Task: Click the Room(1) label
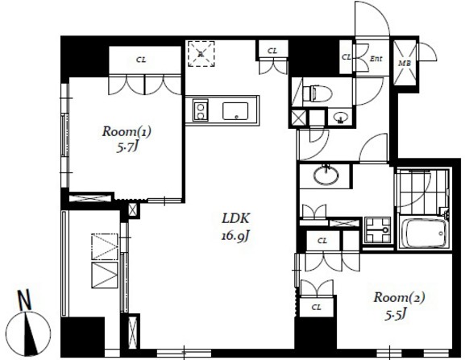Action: click(x=127, y=131)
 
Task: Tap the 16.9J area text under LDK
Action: click(x=235, y=236)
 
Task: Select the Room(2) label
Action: click(x=399, y=297)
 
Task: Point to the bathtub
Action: click(x=425, y=233)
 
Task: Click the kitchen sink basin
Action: click(x=235, y=111)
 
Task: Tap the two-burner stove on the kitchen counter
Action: click(x=200, y=110)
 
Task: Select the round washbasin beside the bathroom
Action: click(x=326, y=176)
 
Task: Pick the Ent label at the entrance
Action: click(x=376, y=59)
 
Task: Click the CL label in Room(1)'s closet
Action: click(x=141, y=60)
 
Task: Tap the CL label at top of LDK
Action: click(x=272, y=51)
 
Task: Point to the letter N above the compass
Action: click(x=25, y=300)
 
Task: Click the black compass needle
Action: click(x=30, y=334)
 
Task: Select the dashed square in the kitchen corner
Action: click(x=201, y=54)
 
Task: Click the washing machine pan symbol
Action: click(x=377, y=230)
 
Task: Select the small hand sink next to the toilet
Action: click(x=340, y=118)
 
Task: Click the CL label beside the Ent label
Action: click(x=346, y=57)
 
